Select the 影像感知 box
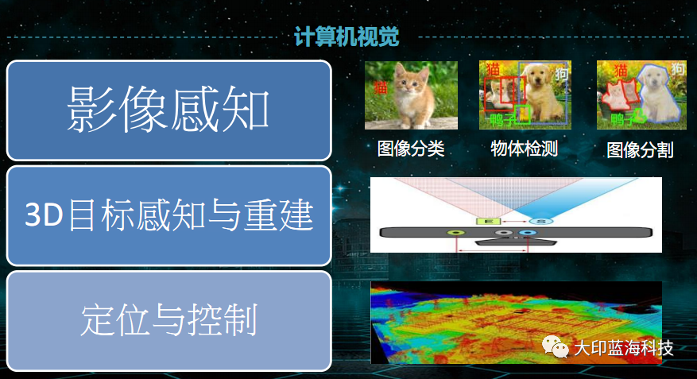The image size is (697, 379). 168,110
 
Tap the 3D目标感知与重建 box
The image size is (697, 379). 168,215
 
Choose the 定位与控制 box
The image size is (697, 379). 168,320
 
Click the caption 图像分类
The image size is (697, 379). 410,149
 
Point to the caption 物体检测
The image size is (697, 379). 525,149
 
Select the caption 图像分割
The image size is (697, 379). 640,149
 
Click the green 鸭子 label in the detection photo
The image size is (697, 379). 503,120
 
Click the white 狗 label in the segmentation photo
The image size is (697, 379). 677,70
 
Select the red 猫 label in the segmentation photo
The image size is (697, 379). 612,72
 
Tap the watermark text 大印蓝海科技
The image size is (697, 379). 624,348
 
